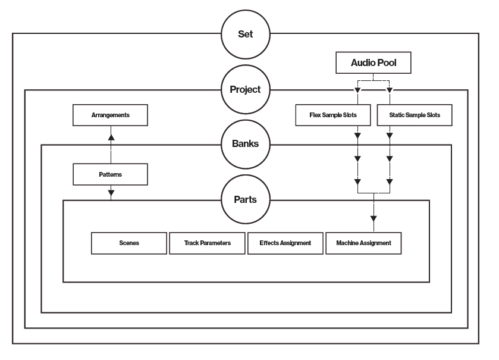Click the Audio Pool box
click(x=374, y=62)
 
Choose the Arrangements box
click(x=110, y=115)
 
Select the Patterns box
click(x=110, y=174)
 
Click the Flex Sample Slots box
click(x=333, y=115)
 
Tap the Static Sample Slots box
click(x=415, y=115)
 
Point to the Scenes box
click(x=129, y=243)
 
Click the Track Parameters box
click(x=207, y=243)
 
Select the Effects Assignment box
click(x=285, y=243)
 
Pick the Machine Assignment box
click(x=363, y=243)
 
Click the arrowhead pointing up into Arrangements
click(x=111, y=137)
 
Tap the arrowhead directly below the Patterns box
click(x=111, y=193)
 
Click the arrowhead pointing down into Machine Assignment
click(x=374, y=218)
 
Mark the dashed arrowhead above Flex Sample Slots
click(x=357, y=90)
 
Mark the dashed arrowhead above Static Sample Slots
click(x=390, y=90)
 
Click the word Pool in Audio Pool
click(x=387, y=62)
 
